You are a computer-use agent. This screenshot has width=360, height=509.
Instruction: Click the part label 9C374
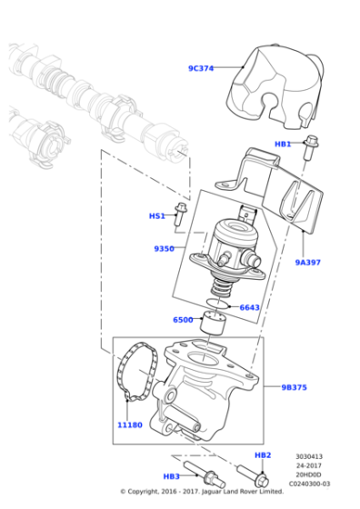pos(200,68)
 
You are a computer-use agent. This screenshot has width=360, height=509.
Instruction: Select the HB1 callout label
pos(283,144)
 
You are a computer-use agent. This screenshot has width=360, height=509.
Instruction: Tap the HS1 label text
pos(156,216)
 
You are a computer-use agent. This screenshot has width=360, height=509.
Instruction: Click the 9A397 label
pos(308,262)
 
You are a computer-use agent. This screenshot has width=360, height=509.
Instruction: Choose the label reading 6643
pos(249,307)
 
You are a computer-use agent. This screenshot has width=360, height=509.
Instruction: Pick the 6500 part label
pos(182,320)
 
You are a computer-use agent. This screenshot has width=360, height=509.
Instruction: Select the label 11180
pos(129,424)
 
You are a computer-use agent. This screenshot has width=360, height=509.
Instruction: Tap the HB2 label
pos(263,454)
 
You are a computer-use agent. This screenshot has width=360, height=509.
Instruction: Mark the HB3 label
pos(171,475)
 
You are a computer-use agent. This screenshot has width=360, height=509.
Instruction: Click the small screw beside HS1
pos(180,214)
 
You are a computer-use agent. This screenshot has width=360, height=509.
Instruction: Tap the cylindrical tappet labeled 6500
pos(215,322)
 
